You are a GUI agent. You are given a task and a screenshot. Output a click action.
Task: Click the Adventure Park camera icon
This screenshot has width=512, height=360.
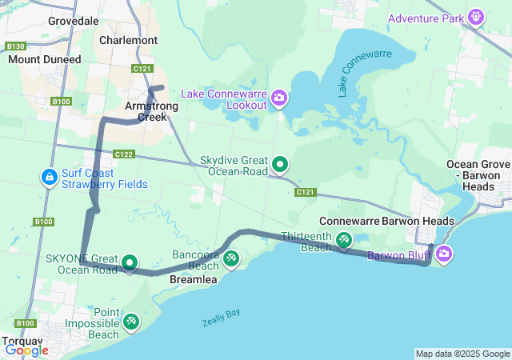[x=477, y=17]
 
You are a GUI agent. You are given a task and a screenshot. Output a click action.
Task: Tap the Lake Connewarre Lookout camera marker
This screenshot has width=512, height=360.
[x=279, y=98]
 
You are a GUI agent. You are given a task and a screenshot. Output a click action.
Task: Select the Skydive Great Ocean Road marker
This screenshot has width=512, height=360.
[x=280, y=165]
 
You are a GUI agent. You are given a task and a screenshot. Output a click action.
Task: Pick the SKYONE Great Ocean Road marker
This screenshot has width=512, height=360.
[x=130, y=262]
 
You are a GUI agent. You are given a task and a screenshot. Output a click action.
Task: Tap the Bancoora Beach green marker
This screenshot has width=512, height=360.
[x=230, y=258]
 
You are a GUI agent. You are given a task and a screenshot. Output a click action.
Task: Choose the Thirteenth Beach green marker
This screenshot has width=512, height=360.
[x=343, y=238]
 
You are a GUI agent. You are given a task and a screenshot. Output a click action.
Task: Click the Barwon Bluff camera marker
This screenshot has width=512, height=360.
[x=444, y=254]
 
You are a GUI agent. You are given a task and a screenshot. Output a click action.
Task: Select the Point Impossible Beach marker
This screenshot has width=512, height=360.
[x=131, y=322]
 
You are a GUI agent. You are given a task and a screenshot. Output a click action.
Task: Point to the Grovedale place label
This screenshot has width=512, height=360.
[x=74, y=21]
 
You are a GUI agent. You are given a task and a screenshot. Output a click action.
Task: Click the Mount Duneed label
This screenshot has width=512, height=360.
[x=45, y=59]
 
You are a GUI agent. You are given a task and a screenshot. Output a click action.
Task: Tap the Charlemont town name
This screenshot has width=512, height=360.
[x=129, y=39]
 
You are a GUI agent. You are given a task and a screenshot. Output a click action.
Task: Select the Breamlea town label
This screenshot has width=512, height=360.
[x=193, y=280]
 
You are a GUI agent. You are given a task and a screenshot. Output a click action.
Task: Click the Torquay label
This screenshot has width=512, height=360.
[x=22, y=340]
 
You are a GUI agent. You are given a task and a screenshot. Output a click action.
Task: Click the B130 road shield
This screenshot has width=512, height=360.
[x=15, y=46]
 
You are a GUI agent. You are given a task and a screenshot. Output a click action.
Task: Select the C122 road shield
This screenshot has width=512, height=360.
[x=123, y=154]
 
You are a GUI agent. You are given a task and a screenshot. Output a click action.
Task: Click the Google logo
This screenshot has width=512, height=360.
[x=26, y=350]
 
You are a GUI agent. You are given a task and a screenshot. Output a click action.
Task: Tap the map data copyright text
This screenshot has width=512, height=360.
[x=462, y=354]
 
